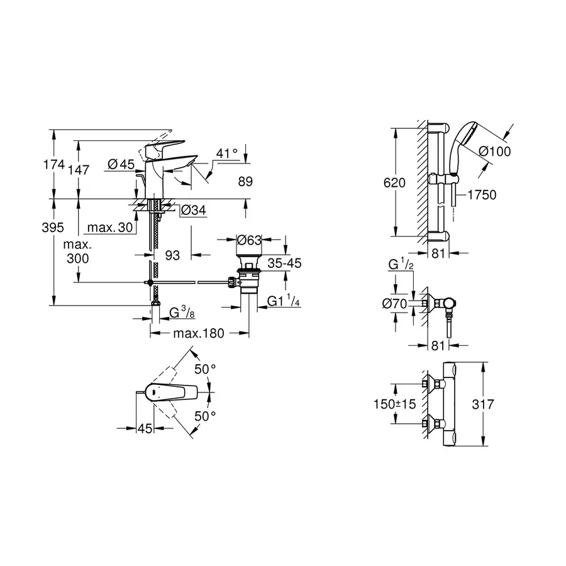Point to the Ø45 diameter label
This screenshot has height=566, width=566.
tap(121, 164)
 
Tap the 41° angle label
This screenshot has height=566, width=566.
tap(226, 152)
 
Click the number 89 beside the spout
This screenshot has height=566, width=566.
tap(245, 182)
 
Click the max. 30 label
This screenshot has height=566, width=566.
tap(110, 227)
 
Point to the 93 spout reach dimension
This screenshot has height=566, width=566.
tap(172, 255)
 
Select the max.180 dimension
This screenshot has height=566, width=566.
tap(198, 333)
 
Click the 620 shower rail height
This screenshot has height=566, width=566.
tap(394, 182)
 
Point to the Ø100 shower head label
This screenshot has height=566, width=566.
tap(494, 151)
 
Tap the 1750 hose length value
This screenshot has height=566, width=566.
tap(481, 195)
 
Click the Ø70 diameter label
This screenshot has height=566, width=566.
tap(396, 304)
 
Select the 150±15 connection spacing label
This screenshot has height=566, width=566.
tap(394, 404)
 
